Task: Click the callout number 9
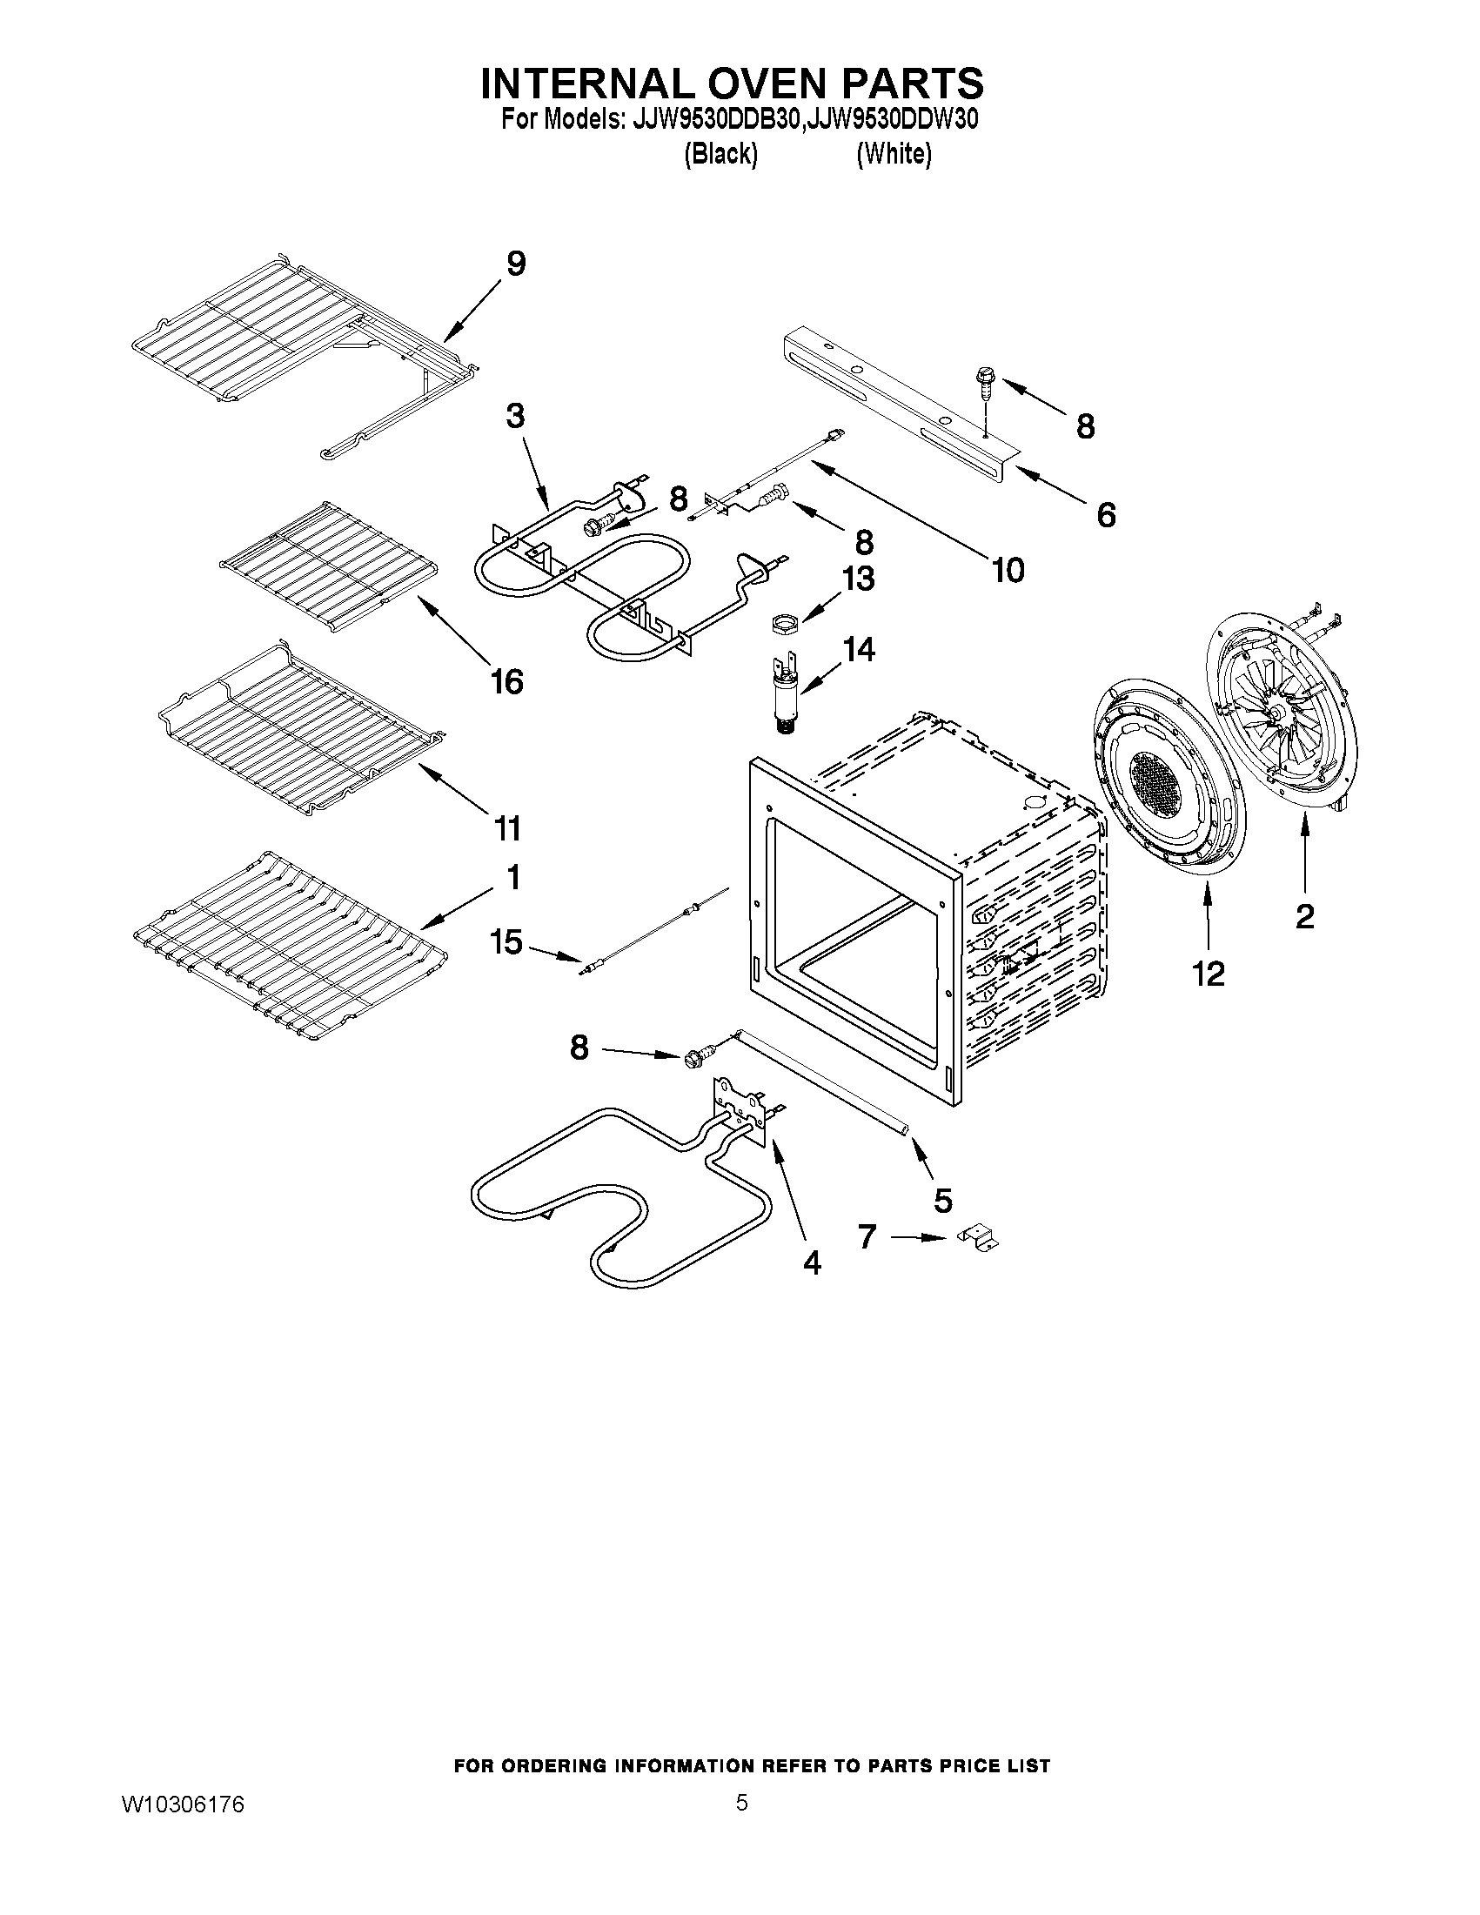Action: click(516, 264)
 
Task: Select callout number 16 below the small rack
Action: click(506, 680)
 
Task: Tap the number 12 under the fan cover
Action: click(1209, 974)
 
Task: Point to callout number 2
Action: click(1304, 917)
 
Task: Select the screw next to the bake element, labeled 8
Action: click(693, 1059)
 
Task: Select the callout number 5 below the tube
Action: click(942, 1200)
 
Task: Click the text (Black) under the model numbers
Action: click(720, 154)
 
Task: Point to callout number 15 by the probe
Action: click(506, 942)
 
